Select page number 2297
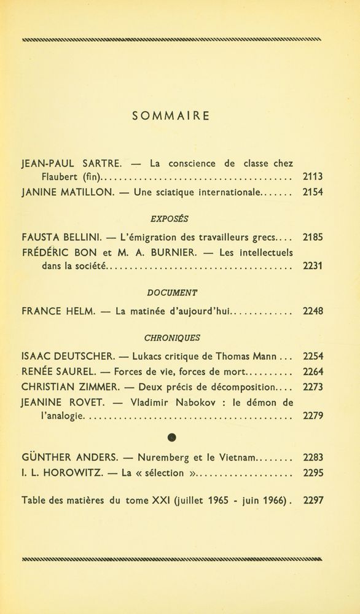pyautogui.click(x=313, y=500)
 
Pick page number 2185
pyautogui.click(x=313, y=238)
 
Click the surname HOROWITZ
pyautogui.click(x=68, y=473)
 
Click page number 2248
pyautogui.click(x=313, y=311)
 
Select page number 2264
pyautogui.click(x=313, y=371)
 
